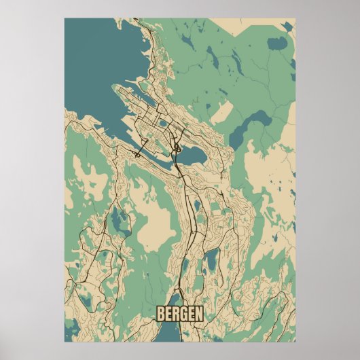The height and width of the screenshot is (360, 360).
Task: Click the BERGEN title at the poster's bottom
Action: (179, 314)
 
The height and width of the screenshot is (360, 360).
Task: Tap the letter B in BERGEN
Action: (161, 314)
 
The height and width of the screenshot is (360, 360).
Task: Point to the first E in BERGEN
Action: (168, 314)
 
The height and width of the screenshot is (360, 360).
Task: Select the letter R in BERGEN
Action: (176, 314)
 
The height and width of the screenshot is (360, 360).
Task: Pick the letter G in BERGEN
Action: (183, 314)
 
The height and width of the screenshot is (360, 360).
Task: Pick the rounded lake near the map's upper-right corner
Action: (277, 45)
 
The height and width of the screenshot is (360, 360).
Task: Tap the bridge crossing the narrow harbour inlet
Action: (145, 144)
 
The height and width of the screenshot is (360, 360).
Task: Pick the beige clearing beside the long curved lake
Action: (220, 111)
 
